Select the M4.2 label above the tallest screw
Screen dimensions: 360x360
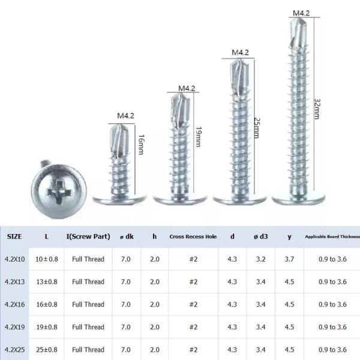pyautogui.click(x=301, y=12)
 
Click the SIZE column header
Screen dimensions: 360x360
pyautogui.click(x=14, y=236)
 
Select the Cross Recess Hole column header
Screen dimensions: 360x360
pyautogui.click(x=193, y=236)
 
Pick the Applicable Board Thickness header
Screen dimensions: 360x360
pyautogui.click(x=332, y=237)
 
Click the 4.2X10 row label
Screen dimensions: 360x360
pyautogui.click(x=14, y=259)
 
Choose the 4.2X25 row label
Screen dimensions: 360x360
pyautogui.click(x=14, y=349)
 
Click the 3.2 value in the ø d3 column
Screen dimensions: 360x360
pyautogui.click(x=262, y=259)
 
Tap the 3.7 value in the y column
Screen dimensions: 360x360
pyautogui.click(x=289, y=259)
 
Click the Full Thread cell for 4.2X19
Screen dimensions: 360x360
pyautogui.click(x=88, y=327)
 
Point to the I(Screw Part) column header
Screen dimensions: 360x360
pyautogui.click(x=88, y=236)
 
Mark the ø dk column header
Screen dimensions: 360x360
pyautogui.click(x=125, y=236)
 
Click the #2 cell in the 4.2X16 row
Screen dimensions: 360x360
pyautogui.click(x=193, y=304)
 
